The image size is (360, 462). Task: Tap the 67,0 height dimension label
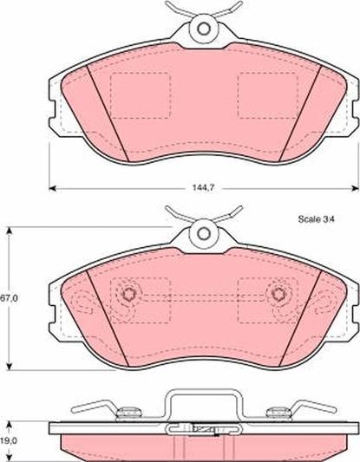coord(8,296)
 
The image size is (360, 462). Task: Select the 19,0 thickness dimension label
coord(8,439)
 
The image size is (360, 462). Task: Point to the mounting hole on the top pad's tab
coord(204,28)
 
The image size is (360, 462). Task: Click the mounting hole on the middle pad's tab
coord(204,233)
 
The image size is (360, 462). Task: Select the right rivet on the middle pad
coord(278,295)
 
